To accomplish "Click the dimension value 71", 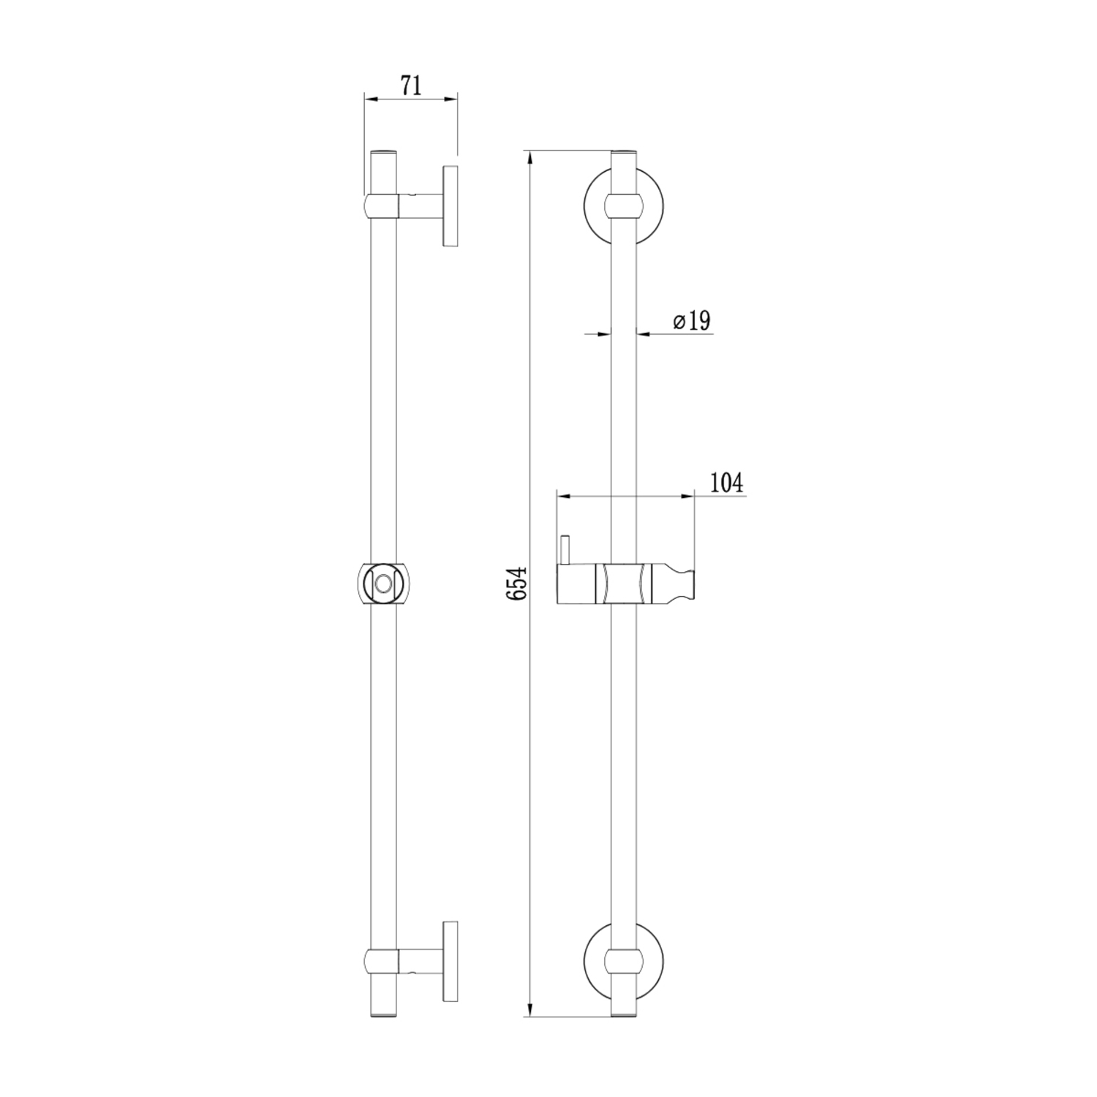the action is tap(411, 86).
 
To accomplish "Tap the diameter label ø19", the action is tap(691, 320).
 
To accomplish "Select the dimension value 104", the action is tap(726, 483).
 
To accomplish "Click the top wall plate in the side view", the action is tap(450, 206).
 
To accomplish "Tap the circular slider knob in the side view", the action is tap(383, 584).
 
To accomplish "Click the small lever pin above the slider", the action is tap(565, 550).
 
